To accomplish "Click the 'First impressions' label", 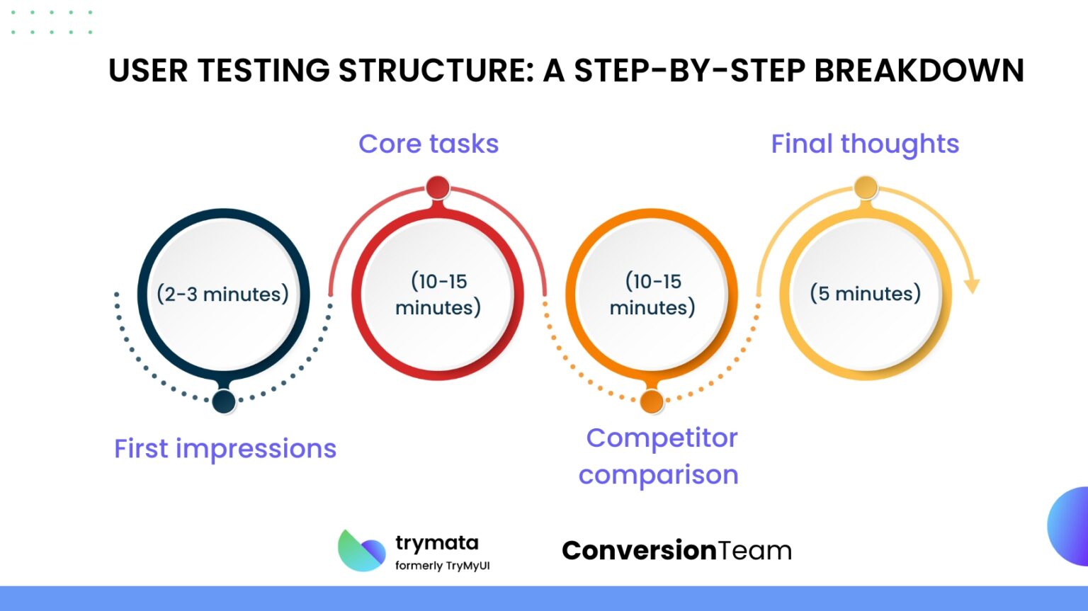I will click(225, 449).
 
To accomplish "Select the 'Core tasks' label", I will click(429, 144).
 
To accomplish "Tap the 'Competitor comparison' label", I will click(659, 456).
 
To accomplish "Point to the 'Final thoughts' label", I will click(865, 144).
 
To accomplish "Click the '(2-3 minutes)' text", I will click(223, 294).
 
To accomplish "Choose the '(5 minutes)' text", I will click(865, 293).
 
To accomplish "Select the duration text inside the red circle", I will click(438, 294).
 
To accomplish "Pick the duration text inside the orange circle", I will click(652, 294).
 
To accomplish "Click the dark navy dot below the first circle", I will click(224, 401).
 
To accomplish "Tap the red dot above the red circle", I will click(438, 188).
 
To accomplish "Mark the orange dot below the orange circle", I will click(652, 401).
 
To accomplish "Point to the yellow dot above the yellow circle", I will click(866, 188).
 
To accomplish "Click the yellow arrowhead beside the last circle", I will click(972, 285).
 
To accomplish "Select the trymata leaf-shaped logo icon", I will click(361, 551).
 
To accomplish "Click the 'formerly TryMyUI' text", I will click(442, 566).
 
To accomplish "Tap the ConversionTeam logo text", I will click(676, 550).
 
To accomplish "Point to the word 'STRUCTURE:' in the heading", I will click(436, 71).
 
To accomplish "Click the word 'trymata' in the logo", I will click(437, 543).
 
